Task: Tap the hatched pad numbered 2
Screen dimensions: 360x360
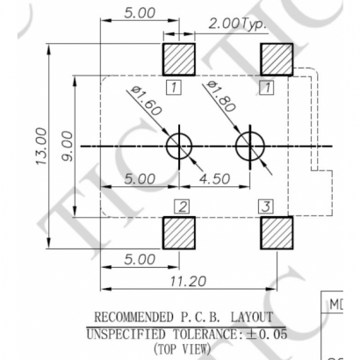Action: pos(181,234)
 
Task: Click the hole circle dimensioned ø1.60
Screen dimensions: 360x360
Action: pos(180,145)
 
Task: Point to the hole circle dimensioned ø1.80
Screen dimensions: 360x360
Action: pos(249,145)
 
